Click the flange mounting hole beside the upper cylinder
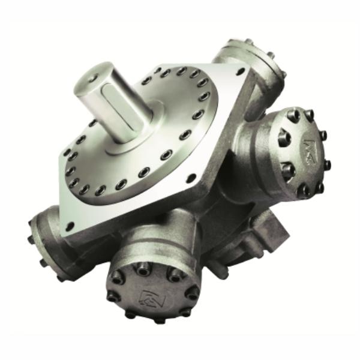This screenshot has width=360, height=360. pyautogui.click(x=241, y=71)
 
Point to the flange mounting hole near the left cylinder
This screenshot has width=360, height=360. pyautogui.click(x=70, y=226)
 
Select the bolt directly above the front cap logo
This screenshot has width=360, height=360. pyautogui.click(x=143, y=271)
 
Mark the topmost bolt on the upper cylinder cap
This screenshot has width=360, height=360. pyautogui.click(x=248, y=42)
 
